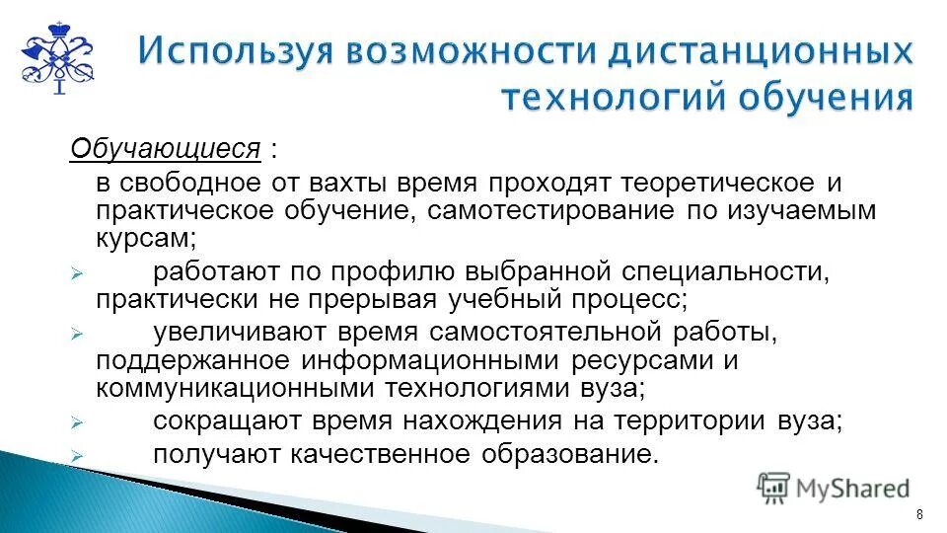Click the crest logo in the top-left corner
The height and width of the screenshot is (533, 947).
click(57, 56)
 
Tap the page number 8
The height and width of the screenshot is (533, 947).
click(919, 514)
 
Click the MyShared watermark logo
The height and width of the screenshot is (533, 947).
click(834, 487)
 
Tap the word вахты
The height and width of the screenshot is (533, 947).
click(352, 185)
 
